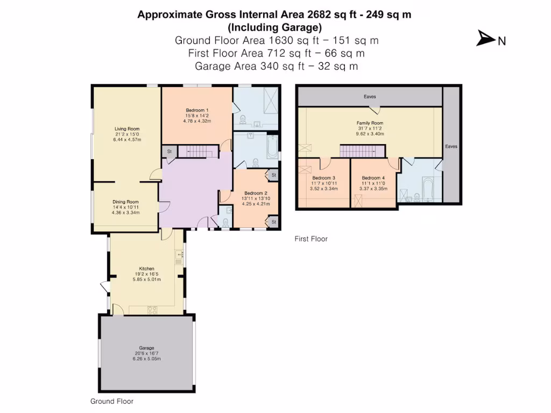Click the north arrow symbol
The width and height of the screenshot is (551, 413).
485,39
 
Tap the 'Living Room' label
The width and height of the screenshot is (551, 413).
127,129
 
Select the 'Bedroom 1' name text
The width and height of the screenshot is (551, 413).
197,110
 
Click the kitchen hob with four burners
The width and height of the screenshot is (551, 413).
152,309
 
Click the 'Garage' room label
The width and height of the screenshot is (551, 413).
146,348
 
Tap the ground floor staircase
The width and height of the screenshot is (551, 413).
197,152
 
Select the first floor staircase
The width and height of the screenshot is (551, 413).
361,152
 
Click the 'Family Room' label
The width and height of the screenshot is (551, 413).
370,123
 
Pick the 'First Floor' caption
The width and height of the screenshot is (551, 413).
311,239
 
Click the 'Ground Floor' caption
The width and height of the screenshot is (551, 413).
112,401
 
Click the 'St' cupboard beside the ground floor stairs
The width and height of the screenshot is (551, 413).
169,152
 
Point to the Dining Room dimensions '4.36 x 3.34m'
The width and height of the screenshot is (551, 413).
125,212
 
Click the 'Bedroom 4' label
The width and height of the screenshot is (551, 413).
373,179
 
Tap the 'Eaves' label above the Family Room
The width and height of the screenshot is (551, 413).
370,97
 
